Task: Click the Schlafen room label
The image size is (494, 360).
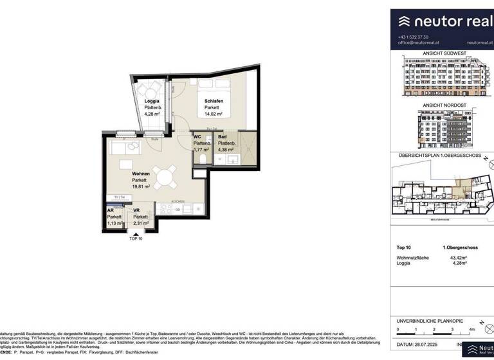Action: click(205, 101)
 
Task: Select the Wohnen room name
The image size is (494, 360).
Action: click(141, 174)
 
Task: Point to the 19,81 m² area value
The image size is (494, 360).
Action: click(141, 187)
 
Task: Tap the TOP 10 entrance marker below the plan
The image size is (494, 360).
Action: click(136, 239)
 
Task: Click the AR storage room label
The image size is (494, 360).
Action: click(111, 211)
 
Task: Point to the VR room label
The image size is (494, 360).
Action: click(137, 211)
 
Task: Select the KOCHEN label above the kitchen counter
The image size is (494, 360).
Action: click(178, 201)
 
